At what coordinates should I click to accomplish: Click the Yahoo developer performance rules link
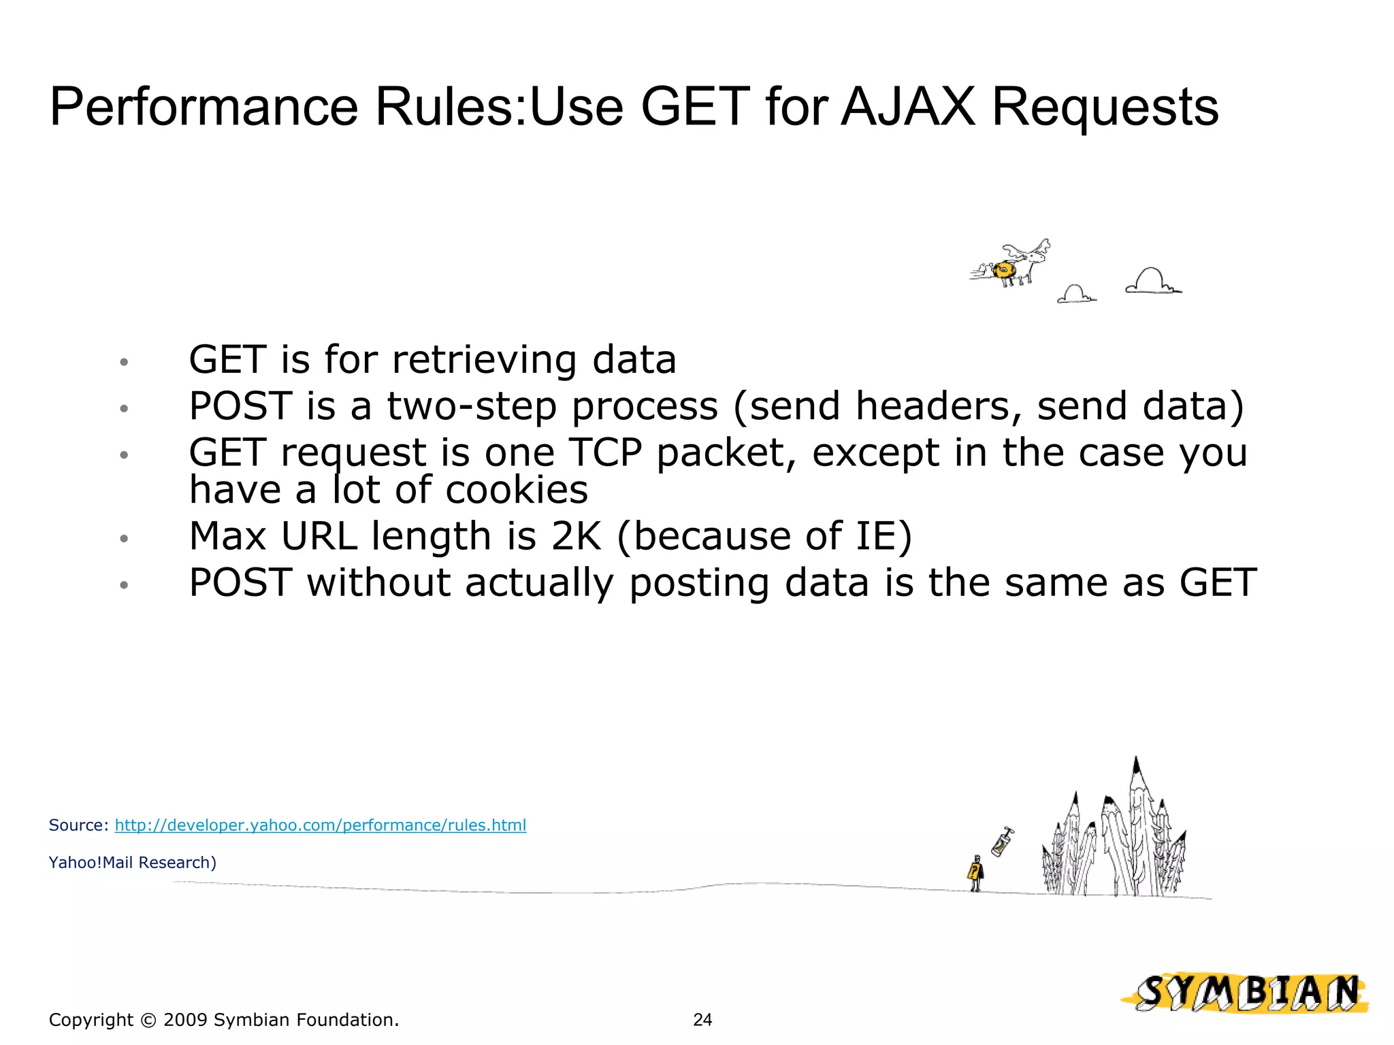tap(320, 825)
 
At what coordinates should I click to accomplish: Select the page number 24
tap(702, 1019)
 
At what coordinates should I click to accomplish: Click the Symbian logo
tap(1245, 993)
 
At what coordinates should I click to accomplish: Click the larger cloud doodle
tap(1152, 280)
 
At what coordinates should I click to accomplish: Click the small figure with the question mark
tap(975, 873)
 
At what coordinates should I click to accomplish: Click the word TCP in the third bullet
tap(605, 452)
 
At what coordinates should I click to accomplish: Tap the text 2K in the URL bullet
tap(577, 536)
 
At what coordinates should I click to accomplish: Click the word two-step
tap(472, 406)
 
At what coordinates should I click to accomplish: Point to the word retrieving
tap(484, 360)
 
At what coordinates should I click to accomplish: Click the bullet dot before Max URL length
tap(124, 539)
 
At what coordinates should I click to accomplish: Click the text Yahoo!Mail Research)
tap(133, 863)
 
